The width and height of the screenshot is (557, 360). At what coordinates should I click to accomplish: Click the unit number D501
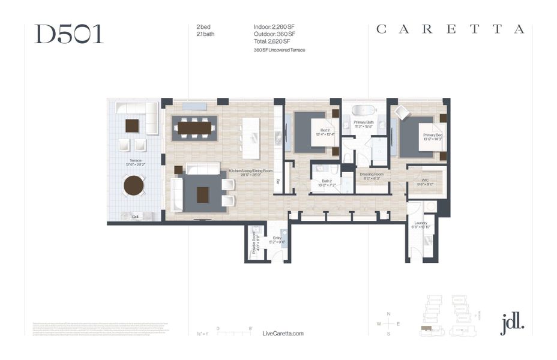(x=68, y=34)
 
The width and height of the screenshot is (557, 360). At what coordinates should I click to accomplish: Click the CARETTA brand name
(x=450, y=29)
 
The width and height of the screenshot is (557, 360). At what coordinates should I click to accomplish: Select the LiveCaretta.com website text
(x=283, y=334)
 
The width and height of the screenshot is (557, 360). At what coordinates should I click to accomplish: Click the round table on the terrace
(x=134, y=185)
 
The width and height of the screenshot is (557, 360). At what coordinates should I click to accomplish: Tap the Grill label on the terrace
(x=135, y=217)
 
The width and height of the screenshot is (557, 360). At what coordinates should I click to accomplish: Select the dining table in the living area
(x=195, y=128)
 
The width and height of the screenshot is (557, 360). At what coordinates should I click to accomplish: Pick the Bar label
(x=278, y=181)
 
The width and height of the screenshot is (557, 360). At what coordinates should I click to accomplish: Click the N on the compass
(x=389, y=314)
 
